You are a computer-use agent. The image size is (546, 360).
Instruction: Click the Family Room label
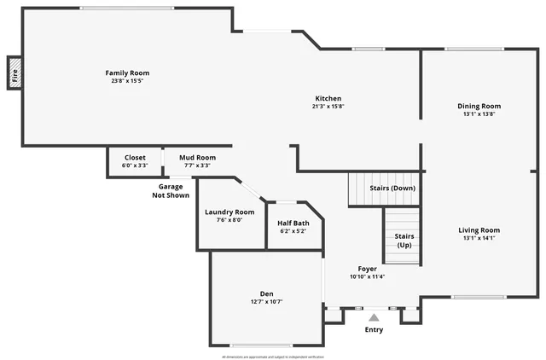pos(127,73)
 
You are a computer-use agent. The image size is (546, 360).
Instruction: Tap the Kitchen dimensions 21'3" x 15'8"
pos(328,107)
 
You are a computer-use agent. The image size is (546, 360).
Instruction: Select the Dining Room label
pos(479,106)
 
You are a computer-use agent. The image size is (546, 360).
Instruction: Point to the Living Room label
pos(479,229)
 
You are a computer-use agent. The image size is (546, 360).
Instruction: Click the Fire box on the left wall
pos(15,73)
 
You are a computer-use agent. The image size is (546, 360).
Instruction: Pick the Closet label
pos(135,157)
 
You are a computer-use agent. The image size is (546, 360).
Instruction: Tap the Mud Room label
pos(197,157)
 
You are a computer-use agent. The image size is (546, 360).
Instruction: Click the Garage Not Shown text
pos(171,190)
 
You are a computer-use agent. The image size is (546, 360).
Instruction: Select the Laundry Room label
pos(229,212)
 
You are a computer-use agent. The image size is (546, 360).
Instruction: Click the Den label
pos(266,293)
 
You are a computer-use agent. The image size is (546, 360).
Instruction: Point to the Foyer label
pos(368,269)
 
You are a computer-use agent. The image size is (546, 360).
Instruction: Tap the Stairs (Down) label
pos(392,188)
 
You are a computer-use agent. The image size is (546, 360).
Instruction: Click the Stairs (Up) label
pos(404,241)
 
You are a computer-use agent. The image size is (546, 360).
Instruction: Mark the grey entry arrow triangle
pos(374,317)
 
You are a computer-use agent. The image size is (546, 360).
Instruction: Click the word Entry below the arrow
pos(374,329)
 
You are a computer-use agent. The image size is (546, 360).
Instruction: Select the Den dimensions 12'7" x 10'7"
pos(266,301)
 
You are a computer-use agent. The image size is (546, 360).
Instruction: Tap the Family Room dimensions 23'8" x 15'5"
pos(127,81)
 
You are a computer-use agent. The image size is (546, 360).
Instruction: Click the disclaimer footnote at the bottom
pos(273,357)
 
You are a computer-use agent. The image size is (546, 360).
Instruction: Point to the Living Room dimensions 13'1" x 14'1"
pos(479,238)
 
